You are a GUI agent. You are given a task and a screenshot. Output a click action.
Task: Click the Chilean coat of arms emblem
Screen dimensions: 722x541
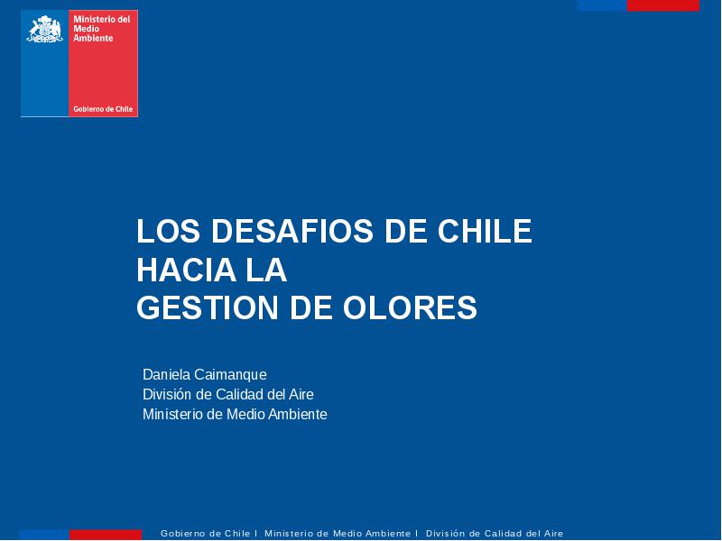[x=44, y=29]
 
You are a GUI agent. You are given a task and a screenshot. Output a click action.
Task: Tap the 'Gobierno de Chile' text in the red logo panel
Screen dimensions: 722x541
[x=103, y=109]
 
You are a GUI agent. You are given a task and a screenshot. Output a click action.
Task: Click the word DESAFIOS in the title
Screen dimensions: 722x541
[x=292, y=231]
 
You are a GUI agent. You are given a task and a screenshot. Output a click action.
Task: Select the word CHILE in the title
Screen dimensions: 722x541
[x=485, y=231]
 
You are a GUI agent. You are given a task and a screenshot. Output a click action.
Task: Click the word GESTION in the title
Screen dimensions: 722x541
[x=208, y=307]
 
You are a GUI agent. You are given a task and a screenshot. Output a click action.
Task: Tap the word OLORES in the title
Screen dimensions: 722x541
[x=410, y=307]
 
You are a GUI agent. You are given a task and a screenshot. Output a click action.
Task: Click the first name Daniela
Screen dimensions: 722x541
[x=166, y=374]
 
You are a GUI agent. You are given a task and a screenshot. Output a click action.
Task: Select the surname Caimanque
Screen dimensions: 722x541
[x=230, y=375]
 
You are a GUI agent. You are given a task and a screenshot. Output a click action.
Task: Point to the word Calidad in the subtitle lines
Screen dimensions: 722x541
[x=239, y=394]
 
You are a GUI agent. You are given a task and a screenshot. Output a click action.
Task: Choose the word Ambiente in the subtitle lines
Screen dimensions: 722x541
[x=298, y=414]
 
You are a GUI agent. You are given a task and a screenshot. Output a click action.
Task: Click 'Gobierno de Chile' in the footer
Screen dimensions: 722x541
[x=206, y=534]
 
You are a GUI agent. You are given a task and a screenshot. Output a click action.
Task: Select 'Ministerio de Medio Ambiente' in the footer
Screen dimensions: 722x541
[x=338, y=534]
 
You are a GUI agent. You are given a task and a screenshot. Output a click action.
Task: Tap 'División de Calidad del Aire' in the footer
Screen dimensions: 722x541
[x=495, y=534]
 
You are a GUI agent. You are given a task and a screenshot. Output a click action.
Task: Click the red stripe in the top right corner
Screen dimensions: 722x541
[x=663, y=5]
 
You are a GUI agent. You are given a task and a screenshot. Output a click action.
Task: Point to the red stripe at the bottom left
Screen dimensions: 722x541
[x=106, y=535]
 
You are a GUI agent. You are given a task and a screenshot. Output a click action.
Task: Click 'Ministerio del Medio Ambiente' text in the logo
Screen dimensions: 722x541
[x=102, y=29]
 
